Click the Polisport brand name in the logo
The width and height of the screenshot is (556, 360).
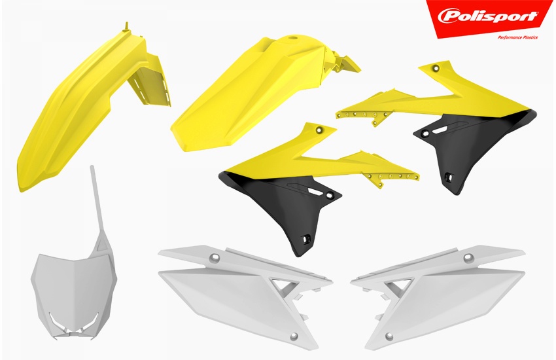tap(488, 16)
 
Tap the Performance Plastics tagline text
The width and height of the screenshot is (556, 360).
tap(517, 37)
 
